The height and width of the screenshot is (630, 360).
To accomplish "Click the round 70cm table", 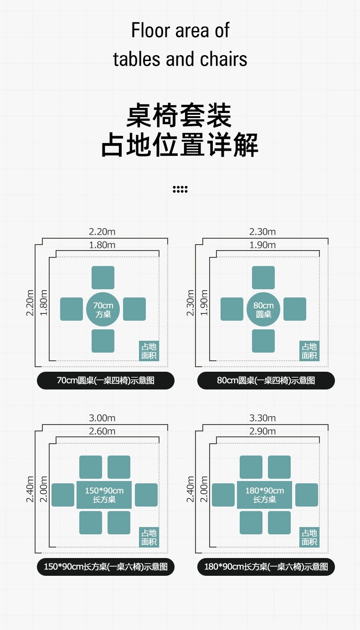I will click(103, 309).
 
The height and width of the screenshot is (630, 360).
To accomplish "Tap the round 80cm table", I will click(263, 309).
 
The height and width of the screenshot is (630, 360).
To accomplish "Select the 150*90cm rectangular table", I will click(104, 495).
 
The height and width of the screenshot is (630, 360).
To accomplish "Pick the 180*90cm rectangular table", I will click(264, 495).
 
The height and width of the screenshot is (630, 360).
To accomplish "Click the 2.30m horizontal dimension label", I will click(262, 232).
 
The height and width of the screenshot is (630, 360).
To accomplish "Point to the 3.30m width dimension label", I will click(262, 418).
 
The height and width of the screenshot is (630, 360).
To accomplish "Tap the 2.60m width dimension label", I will click(102, 431).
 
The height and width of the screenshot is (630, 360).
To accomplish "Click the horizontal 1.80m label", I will click(102, 245).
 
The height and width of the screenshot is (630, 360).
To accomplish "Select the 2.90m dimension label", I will click(262, 431).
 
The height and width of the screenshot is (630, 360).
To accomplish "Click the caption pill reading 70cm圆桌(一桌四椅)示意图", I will click(105, 380).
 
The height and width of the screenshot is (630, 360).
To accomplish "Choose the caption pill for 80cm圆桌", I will click(266, 380).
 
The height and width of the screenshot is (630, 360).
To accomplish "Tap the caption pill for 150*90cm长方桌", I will click(105, 567).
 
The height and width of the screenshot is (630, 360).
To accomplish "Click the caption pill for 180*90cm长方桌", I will click(266, 567).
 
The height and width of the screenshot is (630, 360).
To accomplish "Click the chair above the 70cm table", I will click(103, 278).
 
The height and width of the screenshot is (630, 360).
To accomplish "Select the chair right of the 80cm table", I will click(295, 309).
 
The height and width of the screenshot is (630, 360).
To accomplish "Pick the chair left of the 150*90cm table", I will click(63, 495).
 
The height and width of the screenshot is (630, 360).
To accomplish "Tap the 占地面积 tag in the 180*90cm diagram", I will click(309, 537).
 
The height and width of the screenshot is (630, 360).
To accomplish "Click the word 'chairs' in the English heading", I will click(223, 59).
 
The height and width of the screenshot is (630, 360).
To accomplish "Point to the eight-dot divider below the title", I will click(180, 190).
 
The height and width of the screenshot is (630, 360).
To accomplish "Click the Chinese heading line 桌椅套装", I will click(180, 116).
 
